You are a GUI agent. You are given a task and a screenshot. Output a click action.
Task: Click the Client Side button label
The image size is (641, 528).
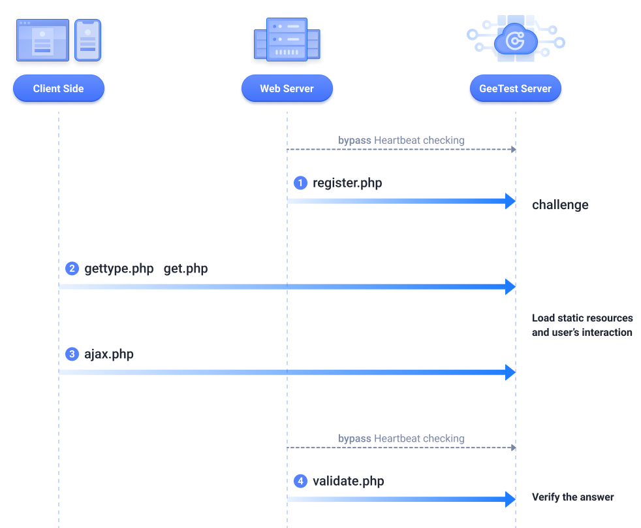coord(58,89)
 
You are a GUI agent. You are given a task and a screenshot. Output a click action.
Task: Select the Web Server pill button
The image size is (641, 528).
coord(287,89)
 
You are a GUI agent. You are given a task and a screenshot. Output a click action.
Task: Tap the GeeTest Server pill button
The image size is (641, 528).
coord(515,89)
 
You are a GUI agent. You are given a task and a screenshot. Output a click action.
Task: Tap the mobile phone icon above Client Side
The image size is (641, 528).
coord(87,40)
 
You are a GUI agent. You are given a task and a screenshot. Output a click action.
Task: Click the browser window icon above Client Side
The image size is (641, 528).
coord(42,41)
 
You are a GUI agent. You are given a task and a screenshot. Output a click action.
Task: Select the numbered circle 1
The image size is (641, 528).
coord(300,183)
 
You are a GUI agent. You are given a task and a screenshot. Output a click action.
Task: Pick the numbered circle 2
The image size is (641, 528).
coord(72,269)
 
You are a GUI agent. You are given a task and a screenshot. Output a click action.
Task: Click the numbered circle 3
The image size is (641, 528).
coord(72,354)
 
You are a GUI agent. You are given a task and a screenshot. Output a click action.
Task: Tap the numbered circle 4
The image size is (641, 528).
coord(300,481)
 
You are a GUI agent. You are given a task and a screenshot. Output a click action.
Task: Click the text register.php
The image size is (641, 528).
coord(347,183)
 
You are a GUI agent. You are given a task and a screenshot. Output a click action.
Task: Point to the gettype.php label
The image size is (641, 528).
coord(119,269)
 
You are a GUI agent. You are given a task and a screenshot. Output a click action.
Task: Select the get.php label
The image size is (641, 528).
coord(185,269)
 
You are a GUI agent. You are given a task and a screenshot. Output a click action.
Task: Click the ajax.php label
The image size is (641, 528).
coord(109,354)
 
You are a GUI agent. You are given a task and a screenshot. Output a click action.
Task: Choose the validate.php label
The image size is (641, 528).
coord(348,481)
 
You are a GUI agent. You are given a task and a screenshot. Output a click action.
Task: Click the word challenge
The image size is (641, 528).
coord(560,205)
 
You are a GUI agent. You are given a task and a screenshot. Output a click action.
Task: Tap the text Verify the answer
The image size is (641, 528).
coord(572,497)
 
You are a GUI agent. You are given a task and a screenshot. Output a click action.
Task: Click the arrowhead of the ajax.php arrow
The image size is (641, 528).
coord(510,372)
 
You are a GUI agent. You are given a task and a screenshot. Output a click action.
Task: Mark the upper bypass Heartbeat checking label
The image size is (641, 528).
coord(401,140)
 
